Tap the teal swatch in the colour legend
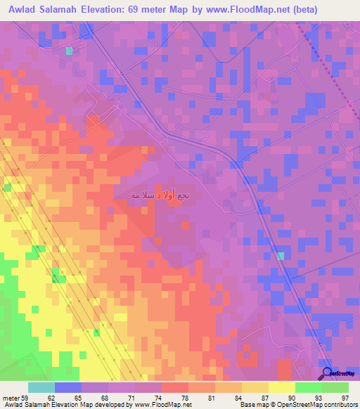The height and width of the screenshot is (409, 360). pos(41,387)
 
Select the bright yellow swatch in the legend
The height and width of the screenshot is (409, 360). pos(281,387)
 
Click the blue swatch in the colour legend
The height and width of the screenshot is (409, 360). pos(68,387)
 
